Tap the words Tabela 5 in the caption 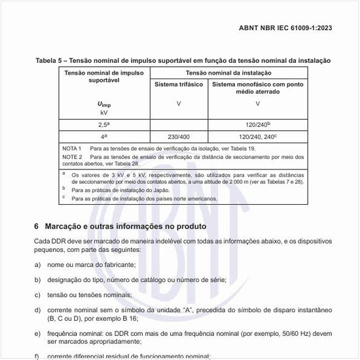pos(49,61)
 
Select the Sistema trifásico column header pos(179,85)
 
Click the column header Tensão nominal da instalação pos(228,73)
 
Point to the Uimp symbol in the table pos(104,105)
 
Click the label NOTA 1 pos(71,149)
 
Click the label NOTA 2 pos(71,157)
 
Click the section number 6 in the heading pos(37,226)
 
